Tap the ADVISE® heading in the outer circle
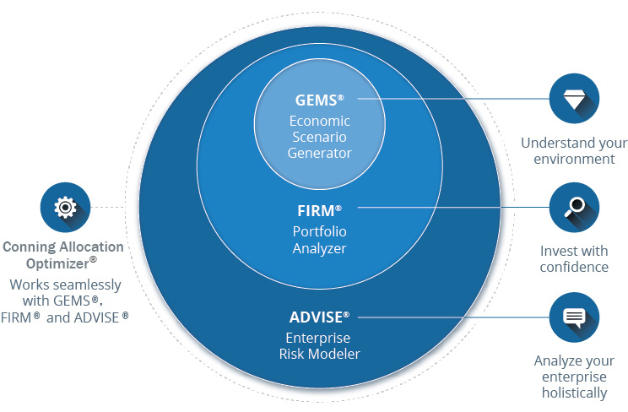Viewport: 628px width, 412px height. click(319, 317)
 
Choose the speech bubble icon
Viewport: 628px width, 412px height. click(574, 317)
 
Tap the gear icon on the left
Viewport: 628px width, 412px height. click(65, 207)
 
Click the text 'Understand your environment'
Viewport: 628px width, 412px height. click(574, 150)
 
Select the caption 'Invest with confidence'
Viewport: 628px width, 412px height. click(574, 258)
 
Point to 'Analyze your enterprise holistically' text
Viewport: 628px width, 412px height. click(574, 377)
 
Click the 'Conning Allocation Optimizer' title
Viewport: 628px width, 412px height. click(63, 255)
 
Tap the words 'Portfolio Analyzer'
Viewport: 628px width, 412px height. click(319, 240)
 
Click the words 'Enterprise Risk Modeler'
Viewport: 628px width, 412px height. click(319, 345)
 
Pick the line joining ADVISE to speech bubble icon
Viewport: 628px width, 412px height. click(456, 317)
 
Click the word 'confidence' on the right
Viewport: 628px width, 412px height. click(574, 267)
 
